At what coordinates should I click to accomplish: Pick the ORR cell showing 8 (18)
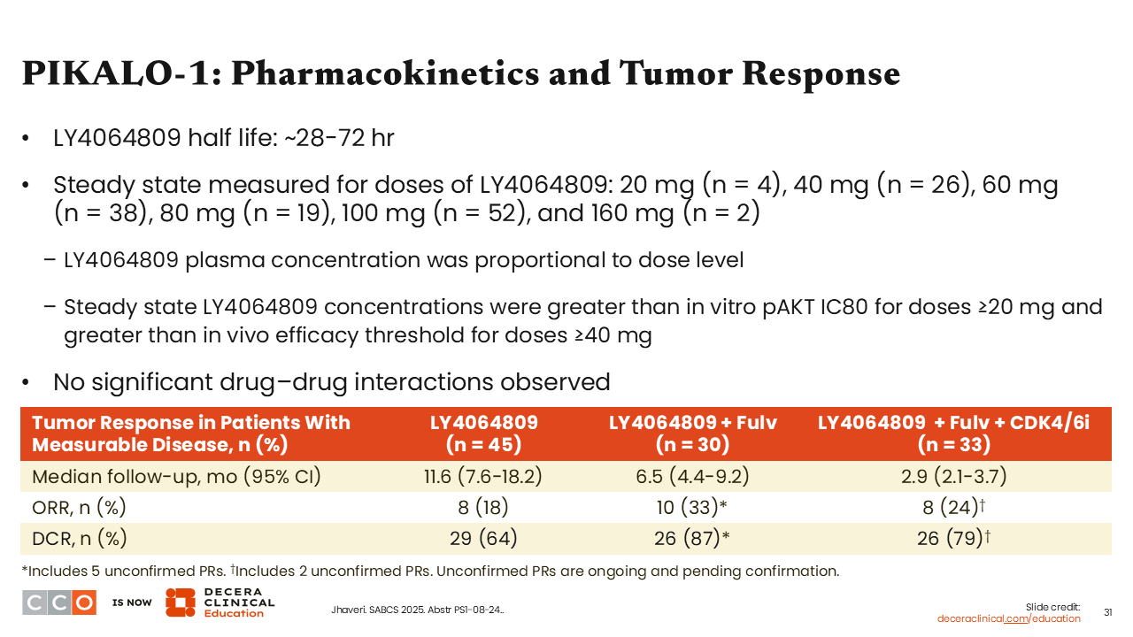tap(483, 507)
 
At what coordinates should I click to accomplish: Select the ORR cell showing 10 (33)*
tap(692, 507)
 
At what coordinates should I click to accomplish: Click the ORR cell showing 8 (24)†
tap(954, 507)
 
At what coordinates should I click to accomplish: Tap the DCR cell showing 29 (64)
tap(483, 539)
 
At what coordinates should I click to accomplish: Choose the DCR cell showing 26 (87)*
tap(692, 539)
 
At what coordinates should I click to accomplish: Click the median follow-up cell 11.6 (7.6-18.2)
tap(483, 476)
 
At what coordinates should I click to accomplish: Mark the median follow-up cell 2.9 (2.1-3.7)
tap(954, 476)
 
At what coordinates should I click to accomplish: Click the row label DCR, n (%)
tap(80, 539)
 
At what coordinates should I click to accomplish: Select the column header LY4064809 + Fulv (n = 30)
tap(692, 434)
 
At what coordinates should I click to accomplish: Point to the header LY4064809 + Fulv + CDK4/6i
tap(954, 423)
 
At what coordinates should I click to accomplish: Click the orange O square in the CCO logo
tap(84, 602)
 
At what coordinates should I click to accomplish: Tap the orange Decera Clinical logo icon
tap(180, 602)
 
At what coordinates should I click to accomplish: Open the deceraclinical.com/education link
tap(1008, 618)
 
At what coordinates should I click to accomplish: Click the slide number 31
tap(1107, 613)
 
